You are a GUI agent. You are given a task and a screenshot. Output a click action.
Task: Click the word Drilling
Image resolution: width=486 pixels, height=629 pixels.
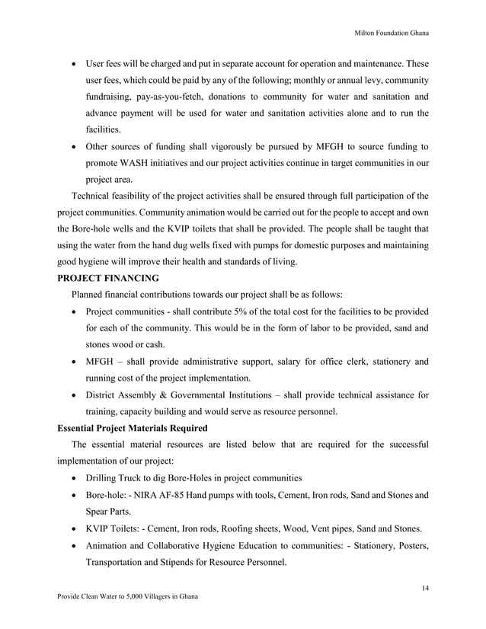pos(104,478)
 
